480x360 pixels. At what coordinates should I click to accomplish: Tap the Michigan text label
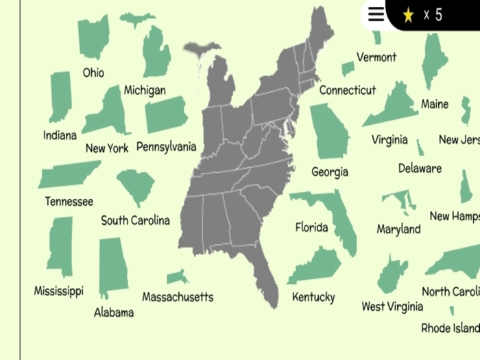tap(145, 91)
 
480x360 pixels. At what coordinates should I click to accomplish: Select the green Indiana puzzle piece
tap(60, 97)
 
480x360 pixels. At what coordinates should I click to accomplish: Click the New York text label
tap(107, 148)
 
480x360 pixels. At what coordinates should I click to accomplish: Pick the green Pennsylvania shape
tap(167, 115)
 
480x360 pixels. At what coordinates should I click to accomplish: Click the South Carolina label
tap(135, 220)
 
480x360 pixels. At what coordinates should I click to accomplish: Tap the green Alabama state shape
tap(112, 267)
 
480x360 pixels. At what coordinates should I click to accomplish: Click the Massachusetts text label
tap(178, 297)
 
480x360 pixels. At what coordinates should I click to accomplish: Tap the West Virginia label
tap(392, 307)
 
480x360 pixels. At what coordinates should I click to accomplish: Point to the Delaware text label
tap(420, 168)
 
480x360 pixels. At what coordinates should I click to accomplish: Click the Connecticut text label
tap(348, 90)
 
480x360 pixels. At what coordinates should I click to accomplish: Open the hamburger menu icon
tap(376, 14)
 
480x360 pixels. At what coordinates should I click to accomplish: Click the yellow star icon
tap(408, 15)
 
